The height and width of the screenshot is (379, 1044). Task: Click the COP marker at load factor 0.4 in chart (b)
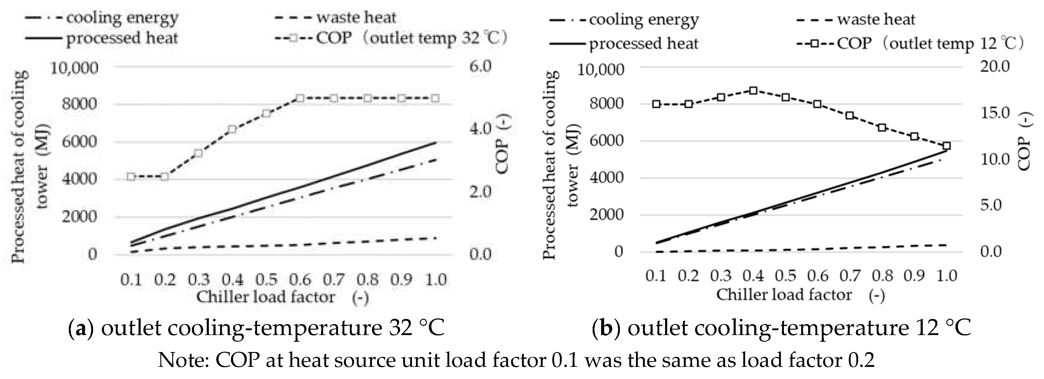click(753, 90)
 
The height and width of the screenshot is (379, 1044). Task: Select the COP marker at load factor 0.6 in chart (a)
click(300, 98)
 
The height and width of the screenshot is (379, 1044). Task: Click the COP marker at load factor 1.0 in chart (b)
click(947, 146)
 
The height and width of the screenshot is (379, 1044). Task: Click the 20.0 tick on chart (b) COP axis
click(995, 66)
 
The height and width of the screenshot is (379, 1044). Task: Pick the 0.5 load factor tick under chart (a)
click(266, 279)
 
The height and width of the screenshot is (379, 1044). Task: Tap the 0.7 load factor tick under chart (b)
click(850, 276)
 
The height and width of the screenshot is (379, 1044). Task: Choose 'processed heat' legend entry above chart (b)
click(643, 43)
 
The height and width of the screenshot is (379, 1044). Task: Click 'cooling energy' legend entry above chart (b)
click(644, 19)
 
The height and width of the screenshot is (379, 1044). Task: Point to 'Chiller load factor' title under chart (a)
click(266, 297)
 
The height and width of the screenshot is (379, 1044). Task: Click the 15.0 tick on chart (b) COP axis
click(995, 113)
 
